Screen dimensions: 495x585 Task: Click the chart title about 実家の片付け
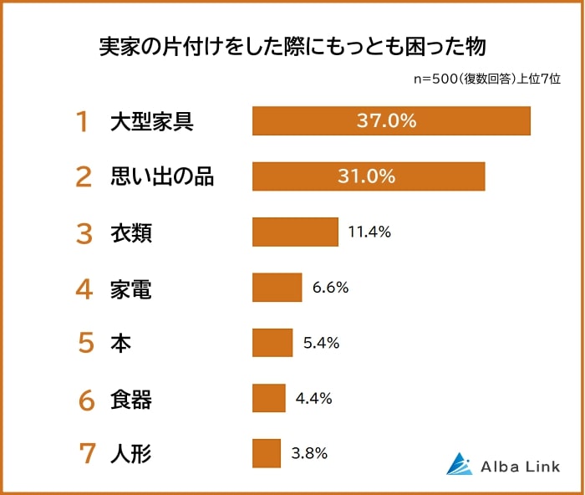[292, 46]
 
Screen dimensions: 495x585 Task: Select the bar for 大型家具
[391, 121]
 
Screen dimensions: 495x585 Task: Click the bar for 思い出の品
[369, 176]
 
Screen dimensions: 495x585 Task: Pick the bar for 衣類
[295, 232]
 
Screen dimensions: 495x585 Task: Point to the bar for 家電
[277, 288]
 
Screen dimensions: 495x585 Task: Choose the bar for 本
[272, 343]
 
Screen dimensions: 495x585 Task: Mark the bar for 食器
[269, 398]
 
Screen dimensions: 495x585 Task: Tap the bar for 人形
[267, 453]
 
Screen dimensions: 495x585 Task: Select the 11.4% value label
[369, 232]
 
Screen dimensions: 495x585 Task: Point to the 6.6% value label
[330, 288]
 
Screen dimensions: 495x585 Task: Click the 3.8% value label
[309, 453]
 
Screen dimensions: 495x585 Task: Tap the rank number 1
[82, 122]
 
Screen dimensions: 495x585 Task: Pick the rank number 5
[85, 344]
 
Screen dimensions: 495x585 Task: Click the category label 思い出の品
[162, 177]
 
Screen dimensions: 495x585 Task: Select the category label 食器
[131, 400]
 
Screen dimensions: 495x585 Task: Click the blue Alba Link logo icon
[459, 463]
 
